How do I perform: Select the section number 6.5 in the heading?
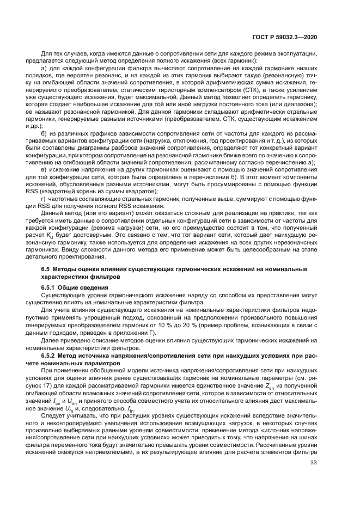(46, 269)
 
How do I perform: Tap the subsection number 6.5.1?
(49, 287)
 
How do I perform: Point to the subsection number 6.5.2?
(49, 355)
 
